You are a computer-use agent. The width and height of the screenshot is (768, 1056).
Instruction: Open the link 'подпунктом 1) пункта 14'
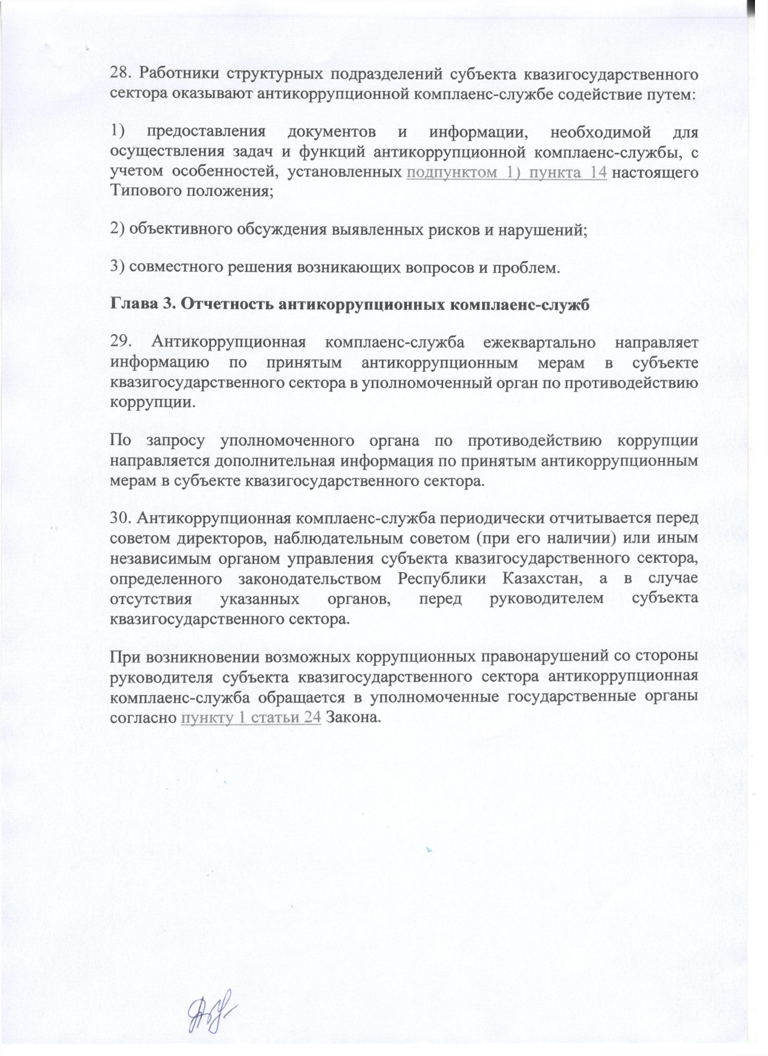pyautogui.click(x=507, y=172)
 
